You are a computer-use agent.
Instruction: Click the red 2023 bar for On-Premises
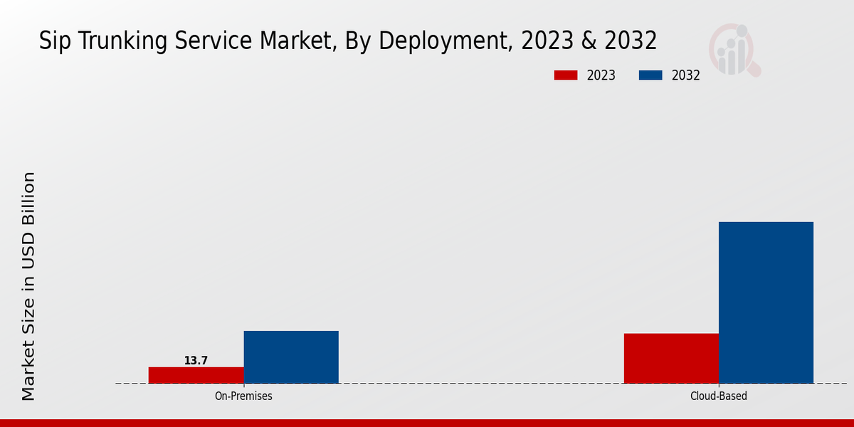196,375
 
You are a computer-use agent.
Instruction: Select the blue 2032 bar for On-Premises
291,357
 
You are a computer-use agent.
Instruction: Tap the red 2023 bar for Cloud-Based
671,358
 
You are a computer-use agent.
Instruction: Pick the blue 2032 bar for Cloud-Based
766,302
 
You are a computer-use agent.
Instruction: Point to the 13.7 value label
196,361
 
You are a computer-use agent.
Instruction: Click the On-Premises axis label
243,396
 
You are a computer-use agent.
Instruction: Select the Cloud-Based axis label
719,396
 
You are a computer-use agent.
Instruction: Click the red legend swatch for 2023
566,75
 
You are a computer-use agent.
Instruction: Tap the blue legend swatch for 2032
650,75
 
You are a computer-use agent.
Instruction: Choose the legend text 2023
601,75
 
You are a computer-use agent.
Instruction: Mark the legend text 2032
686,75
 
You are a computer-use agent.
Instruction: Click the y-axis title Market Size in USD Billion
28,286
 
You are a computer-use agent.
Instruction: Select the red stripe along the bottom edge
427,423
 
